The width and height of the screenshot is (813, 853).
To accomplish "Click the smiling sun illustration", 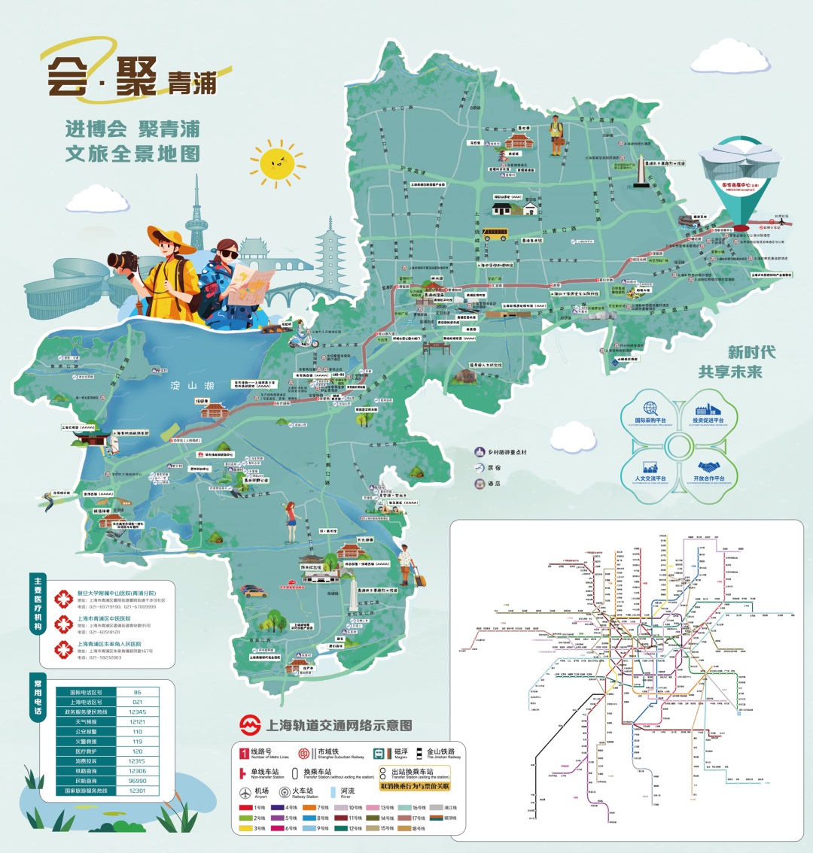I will click(277, 162).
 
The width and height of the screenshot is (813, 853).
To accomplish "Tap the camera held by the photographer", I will click(123, 261).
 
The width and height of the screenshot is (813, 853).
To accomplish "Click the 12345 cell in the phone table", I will click(137, 712).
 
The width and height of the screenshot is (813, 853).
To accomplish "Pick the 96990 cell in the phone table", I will click(137, 781).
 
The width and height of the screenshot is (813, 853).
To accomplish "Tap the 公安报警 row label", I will click(86, 731).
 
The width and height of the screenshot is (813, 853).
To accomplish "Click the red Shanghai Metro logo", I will click(250, 726).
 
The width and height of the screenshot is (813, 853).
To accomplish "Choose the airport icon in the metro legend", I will click(245, 794).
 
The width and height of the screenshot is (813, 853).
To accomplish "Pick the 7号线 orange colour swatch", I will click(307, 808).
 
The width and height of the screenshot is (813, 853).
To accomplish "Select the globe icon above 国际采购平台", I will click(650, 408).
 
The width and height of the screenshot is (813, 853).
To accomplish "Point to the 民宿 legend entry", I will click(487, 468).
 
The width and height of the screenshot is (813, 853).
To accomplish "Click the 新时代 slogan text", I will click(751, 352).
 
